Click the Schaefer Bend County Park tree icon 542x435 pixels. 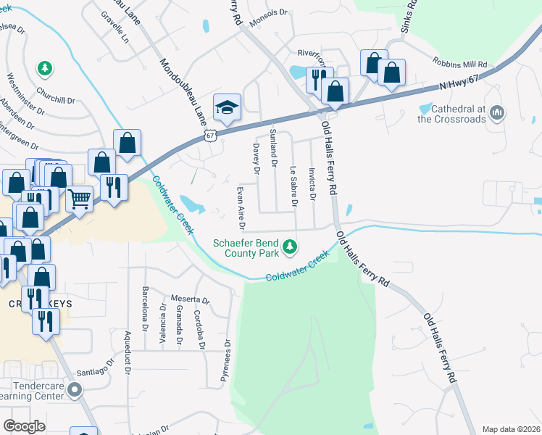(290, 247)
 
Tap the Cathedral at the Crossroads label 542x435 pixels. (453, 114)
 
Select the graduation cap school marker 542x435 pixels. (227, 107)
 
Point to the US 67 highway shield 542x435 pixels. (210, 136)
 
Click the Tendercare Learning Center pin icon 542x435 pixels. (74, 391)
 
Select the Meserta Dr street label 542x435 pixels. (190, 299)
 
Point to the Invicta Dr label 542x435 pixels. (312, 184)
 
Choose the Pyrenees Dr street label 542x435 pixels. (227, 361)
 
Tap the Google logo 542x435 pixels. (24, 426)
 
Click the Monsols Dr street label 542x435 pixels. (268, 22)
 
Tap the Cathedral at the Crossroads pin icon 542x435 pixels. (497, 113)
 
